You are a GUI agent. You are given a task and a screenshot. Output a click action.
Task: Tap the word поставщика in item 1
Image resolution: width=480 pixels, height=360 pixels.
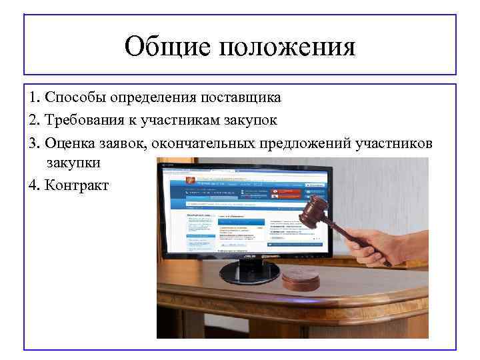pyautogui.click(x=242, y=97)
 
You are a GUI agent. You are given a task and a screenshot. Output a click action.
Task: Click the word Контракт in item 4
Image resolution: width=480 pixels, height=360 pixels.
pyautogui.click(x=76, y=185)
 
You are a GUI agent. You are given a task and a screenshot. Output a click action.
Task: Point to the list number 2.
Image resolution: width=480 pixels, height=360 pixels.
pyautogui.click(x=33, y=121)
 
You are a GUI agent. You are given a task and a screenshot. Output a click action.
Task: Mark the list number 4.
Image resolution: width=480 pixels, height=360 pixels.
pyautogui.click(x=33, y=185)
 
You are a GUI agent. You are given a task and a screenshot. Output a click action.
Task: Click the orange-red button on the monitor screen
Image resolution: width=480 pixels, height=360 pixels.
pyautogui.click(x=286, y=193)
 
